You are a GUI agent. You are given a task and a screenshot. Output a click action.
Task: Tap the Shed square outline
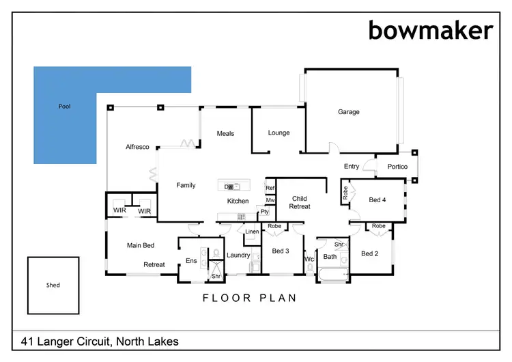tap(53, 285)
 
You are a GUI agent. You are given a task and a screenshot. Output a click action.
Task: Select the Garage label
tap(348, 112)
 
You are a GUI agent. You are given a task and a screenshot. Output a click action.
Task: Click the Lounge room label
tap(279, 133)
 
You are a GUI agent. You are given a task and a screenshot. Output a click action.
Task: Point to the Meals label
tap(225, 133)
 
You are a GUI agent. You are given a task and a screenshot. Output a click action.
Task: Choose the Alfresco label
tap(137, 148)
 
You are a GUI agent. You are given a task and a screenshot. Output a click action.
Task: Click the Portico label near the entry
tap(397, 167)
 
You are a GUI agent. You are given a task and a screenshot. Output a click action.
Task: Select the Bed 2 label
tap(369, 254)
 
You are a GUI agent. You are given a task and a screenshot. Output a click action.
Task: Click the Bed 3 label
tap(281, 251)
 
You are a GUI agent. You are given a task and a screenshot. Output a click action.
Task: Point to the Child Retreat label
tap(300, 202)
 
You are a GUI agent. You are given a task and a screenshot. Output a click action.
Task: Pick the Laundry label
tap(239, 255)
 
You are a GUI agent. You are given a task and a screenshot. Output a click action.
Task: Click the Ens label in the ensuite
tap(191, 260)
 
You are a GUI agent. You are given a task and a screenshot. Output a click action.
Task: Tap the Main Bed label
tap(141, 245)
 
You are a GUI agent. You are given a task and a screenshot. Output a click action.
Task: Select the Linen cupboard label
tap(252, 232)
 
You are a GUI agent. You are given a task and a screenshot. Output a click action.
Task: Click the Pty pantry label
tap(264, 212)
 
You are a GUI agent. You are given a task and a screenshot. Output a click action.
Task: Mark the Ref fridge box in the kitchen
tap(270, 188)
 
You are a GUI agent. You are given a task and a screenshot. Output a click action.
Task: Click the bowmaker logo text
tap(430, 29)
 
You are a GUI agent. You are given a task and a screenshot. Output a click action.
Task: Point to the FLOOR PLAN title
tap(250, 298)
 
